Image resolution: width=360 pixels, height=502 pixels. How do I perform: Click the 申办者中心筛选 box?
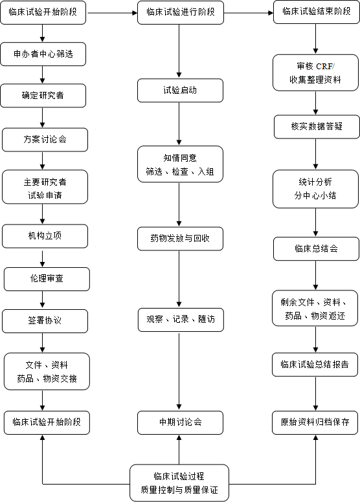(x=43, y=54)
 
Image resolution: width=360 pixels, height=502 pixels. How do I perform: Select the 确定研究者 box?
(x=43, y=95)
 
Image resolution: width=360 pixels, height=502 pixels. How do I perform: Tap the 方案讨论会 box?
(x=45, y=140)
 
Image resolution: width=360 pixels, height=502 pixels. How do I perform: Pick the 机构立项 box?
(x=45, y=236)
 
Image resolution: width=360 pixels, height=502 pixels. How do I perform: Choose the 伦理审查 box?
(x=47, y=279)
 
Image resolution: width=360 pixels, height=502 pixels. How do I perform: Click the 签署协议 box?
(x=45, y=321)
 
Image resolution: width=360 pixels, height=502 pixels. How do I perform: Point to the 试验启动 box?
(x=180, y=91)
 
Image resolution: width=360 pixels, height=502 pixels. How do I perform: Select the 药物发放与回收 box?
(x=180, y=239)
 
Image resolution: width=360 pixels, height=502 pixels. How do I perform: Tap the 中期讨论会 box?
(x=180, y=422)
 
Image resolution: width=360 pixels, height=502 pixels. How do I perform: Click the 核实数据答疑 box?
(x=317, y=127)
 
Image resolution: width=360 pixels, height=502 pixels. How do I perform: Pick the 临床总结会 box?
(x=316, y=249)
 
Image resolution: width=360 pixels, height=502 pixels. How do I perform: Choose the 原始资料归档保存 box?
(x=315, y=422)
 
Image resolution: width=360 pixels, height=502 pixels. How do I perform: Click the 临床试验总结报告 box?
(x=315, y=365)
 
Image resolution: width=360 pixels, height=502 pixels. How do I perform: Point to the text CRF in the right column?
(x=324, y=66)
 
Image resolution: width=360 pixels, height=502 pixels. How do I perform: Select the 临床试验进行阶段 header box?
(x=181, y=12)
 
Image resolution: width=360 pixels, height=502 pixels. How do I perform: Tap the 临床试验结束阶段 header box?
(x=317, y=12)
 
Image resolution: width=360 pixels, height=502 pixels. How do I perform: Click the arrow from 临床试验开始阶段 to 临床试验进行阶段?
(x=112, y=13)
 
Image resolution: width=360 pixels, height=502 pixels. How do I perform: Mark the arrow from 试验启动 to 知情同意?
(x=179, y=124)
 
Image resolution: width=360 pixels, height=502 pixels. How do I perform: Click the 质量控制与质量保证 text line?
(x=179, y=490)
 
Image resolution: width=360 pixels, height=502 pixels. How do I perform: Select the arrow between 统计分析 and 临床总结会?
(x=315, y=222)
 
